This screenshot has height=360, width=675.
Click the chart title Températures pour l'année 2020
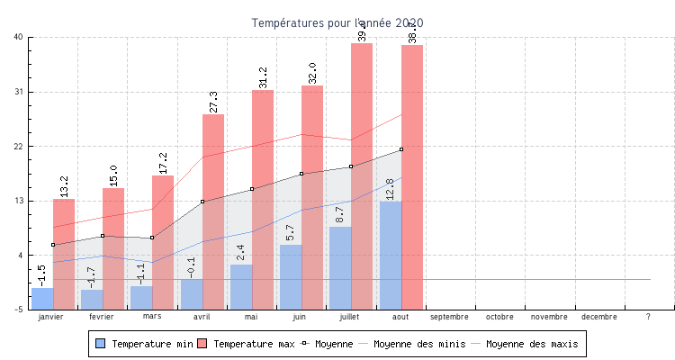click(337, 22)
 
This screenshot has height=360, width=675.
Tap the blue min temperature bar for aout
click(391, 256)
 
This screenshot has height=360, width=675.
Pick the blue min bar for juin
click(291, 277)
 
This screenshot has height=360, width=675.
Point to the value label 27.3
click(213, 102)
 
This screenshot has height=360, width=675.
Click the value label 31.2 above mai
click(263, 77)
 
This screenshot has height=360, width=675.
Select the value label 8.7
click(340, 215)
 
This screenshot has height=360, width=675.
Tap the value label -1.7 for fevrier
click(92, 277)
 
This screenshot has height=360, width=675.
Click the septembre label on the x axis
click(449, 317)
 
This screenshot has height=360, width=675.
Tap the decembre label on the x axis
click(599, 317)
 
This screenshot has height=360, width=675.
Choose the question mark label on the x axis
click(649, 317)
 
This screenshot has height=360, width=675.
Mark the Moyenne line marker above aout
click(401, 149)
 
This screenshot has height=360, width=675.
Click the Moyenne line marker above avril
click(202, 202)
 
